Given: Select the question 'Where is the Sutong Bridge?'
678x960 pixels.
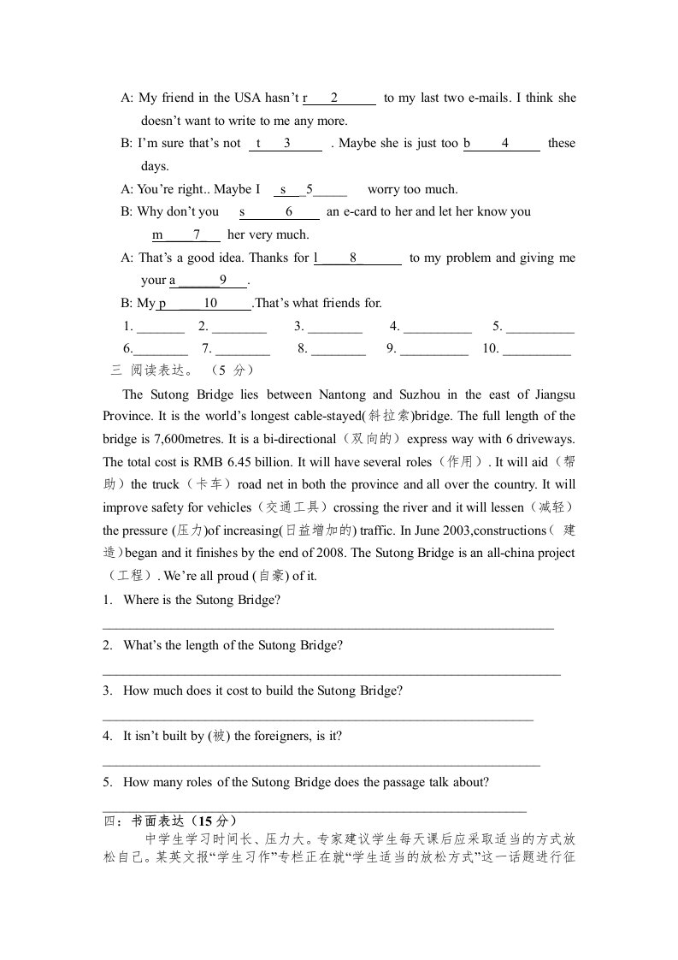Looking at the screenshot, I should coord(202,600).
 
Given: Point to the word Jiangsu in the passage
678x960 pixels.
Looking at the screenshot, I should coord(552,394).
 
